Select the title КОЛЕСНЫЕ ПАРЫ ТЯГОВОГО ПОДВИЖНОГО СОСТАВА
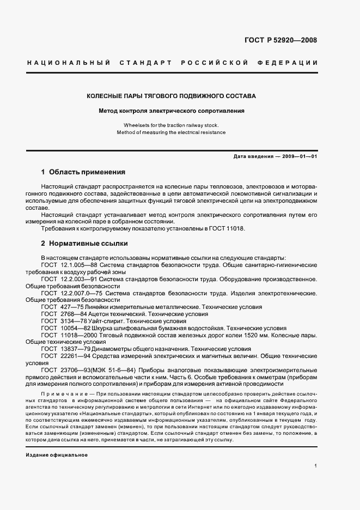[171, 96]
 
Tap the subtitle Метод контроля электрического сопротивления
[171, 111]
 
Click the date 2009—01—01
[298, 156]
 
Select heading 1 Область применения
[83, 172]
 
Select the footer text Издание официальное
[57, 455]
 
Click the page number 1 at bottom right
[316, 466]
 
